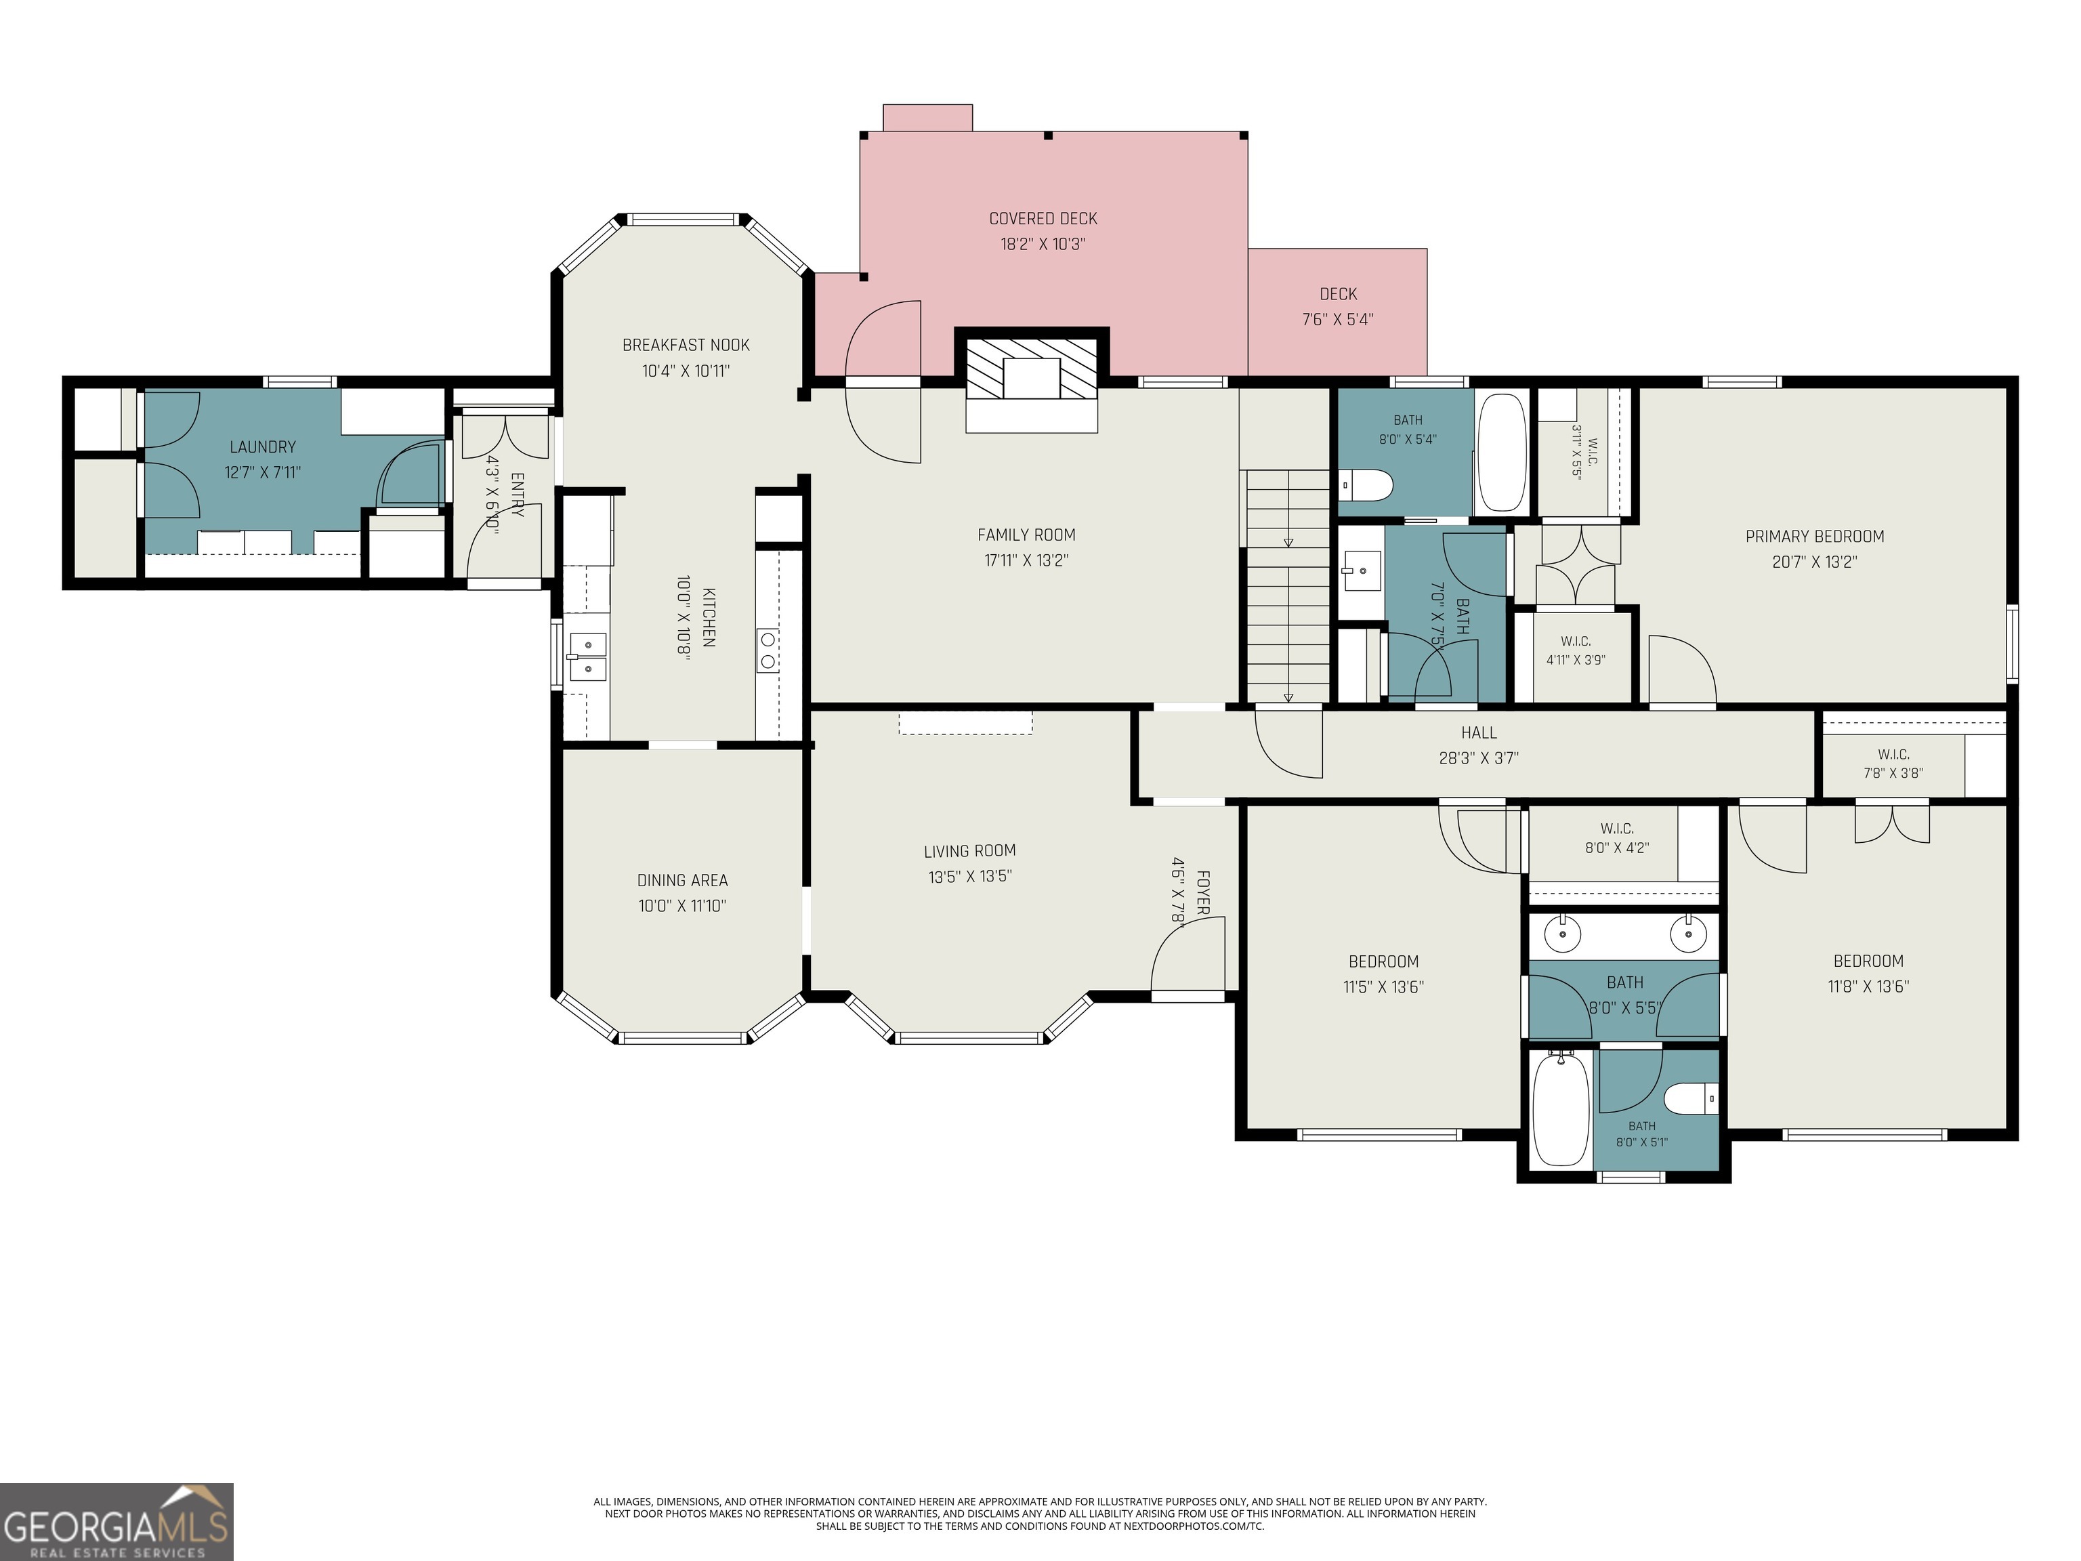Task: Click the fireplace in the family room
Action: (1032, 380)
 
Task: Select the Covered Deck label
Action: (1043, 218)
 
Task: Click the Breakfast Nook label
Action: (686, 346)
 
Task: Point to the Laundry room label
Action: (262, 447)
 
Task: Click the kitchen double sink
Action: (588, 657)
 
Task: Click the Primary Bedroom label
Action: (1815, 537)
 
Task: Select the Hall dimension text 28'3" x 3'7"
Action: (1479, 757)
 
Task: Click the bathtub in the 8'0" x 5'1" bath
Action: (1561, 1109)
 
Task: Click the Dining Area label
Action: (682, 881)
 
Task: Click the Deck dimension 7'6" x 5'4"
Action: (1338, 320)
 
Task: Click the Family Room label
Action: (1026, 535)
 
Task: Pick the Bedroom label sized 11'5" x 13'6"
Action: (1383, 961)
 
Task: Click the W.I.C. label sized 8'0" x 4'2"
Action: (1616, 829)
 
